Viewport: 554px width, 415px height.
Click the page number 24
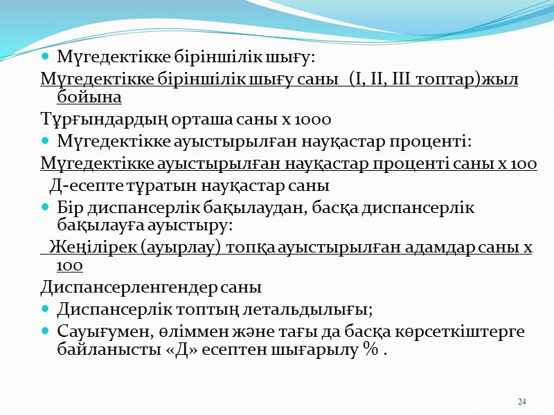pos(522,402)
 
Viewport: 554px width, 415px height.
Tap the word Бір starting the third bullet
pos(69,207)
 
